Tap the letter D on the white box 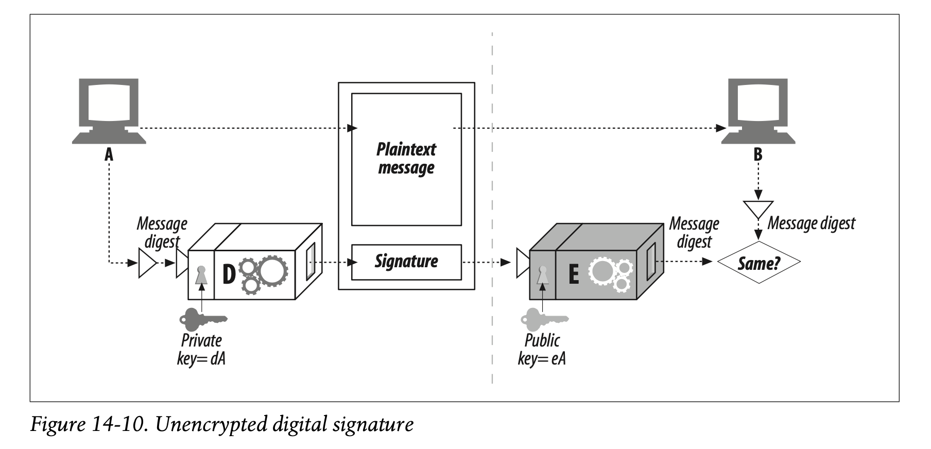pyautogui.click(x=228, y=275)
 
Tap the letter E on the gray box pyautogui.click(x=573, y=274)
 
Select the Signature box pyautogui.click(x=406, y=262)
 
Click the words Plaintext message pyautogui.click(x=406, y=159)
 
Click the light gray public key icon pyautogui.click(x=544, y=319)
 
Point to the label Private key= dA pyautogui.click(x=201, y=349)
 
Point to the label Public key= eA pyautogui.click(x=542, y=349)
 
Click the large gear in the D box pyautogui.click(x=272, y=270)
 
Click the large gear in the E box pyautogui.click(x=601, y=271)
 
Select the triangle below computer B pyautogui.click(x=757, y=209)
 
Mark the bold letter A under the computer pyautogui.click(x=109, y=154)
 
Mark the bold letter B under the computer pyautogui.click(x=757, y=154)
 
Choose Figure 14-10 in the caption pyautogui.click(x=85, y=425)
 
